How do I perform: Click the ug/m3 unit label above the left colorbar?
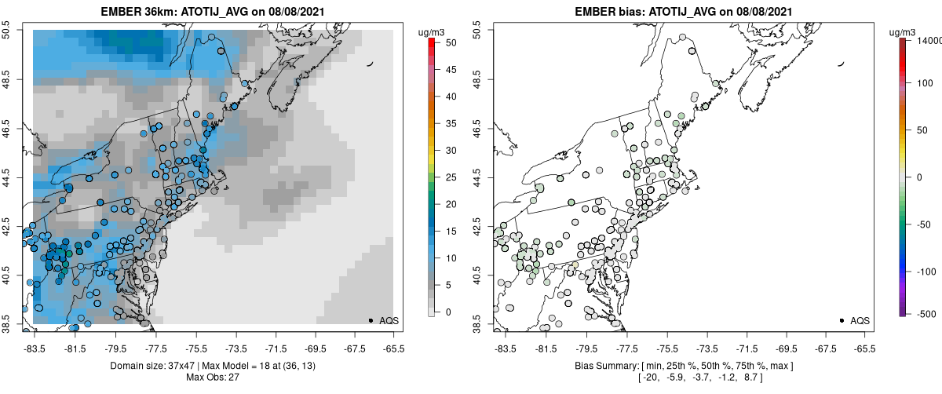click(x=433, y=31)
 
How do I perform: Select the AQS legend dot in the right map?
click(x=842, y=320)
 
